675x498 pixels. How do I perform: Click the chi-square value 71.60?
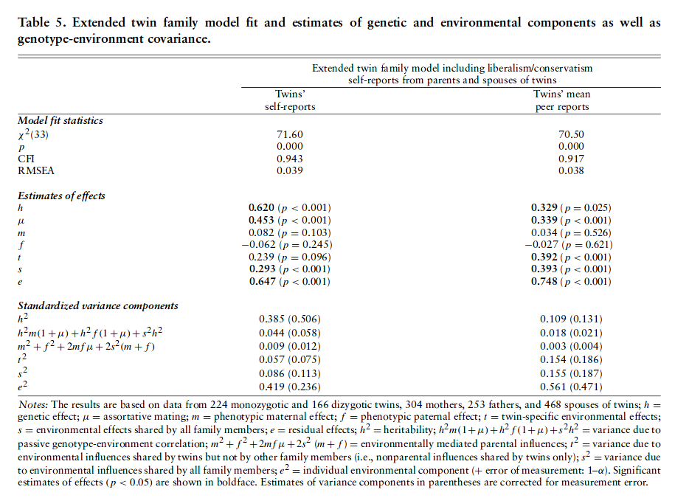point(290,135)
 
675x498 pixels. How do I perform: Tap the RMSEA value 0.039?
point(290,171)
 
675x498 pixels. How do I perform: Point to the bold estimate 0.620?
point(271,208)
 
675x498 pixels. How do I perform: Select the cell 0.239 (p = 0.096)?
point(294,257)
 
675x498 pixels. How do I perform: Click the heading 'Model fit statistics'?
point(60,120)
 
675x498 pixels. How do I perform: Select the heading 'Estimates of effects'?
point(61,196)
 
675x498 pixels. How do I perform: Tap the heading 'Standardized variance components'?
point(97,305)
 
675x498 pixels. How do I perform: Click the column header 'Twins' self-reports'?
point(290,101)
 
